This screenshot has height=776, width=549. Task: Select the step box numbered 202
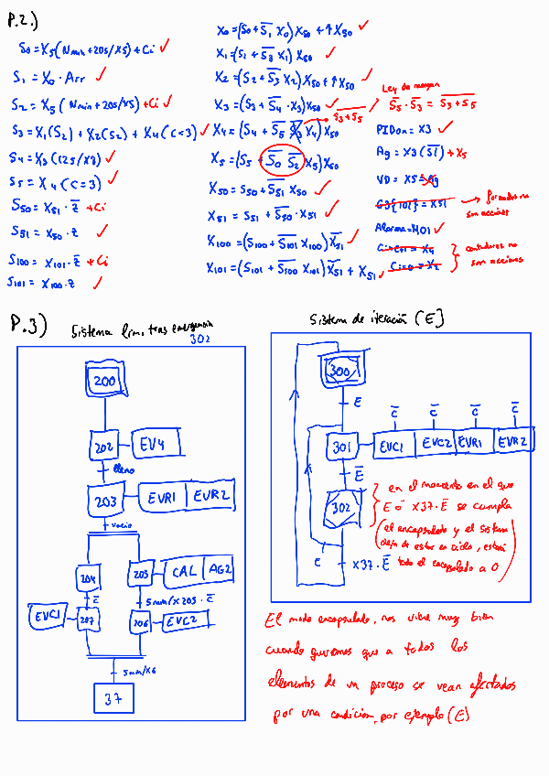coord(106,447)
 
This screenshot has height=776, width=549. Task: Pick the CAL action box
coord(184,572)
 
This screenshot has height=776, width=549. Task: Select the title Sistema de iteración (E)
coord(377,318)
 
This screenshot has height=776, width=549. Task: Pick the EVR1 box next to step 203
coord(165,499)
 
